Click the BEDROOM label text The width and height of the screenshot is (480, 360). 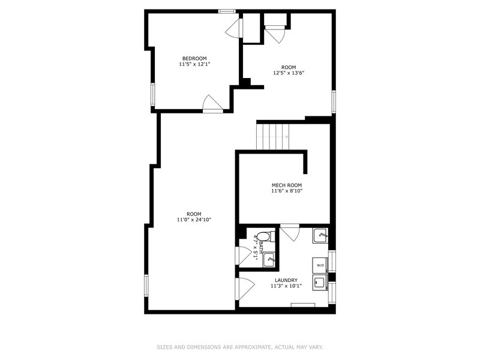(194, 58)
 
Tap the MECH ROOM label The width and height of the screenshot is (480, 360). (286, 185)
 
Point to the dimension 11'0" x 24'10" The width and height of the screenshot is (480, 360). (194, 220)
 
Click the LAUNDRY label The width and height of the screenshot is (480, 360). (286, 280)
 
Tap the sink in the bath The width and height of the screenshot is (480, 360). (269, 259)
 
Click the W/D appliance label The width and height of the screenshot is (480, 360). (320, 265)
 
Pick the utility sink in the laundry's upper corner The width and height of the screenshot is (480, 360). (320, 236)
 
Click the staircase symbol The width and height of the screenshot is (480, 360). (272, 136)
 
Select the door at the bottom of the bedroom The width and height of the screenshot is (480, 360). (212, 104)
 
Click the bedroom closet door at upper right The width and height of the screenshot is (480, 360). (234, 28)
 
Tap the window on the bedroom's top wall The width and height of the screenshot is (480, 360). (227, 11)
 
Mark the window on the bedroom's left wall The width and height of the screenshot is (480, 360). (153, 95)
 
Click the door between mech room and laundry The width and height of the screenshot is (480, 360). (289, 232)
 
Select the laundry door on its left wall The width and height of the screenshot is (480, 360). (244, 289)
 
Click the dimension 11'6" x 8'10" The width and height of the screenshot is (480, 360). (286, 192)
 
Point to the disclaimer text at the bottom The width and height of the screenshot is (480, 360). (240, 347)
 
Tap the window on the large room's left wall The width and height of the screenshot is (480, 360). (146, 286)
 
